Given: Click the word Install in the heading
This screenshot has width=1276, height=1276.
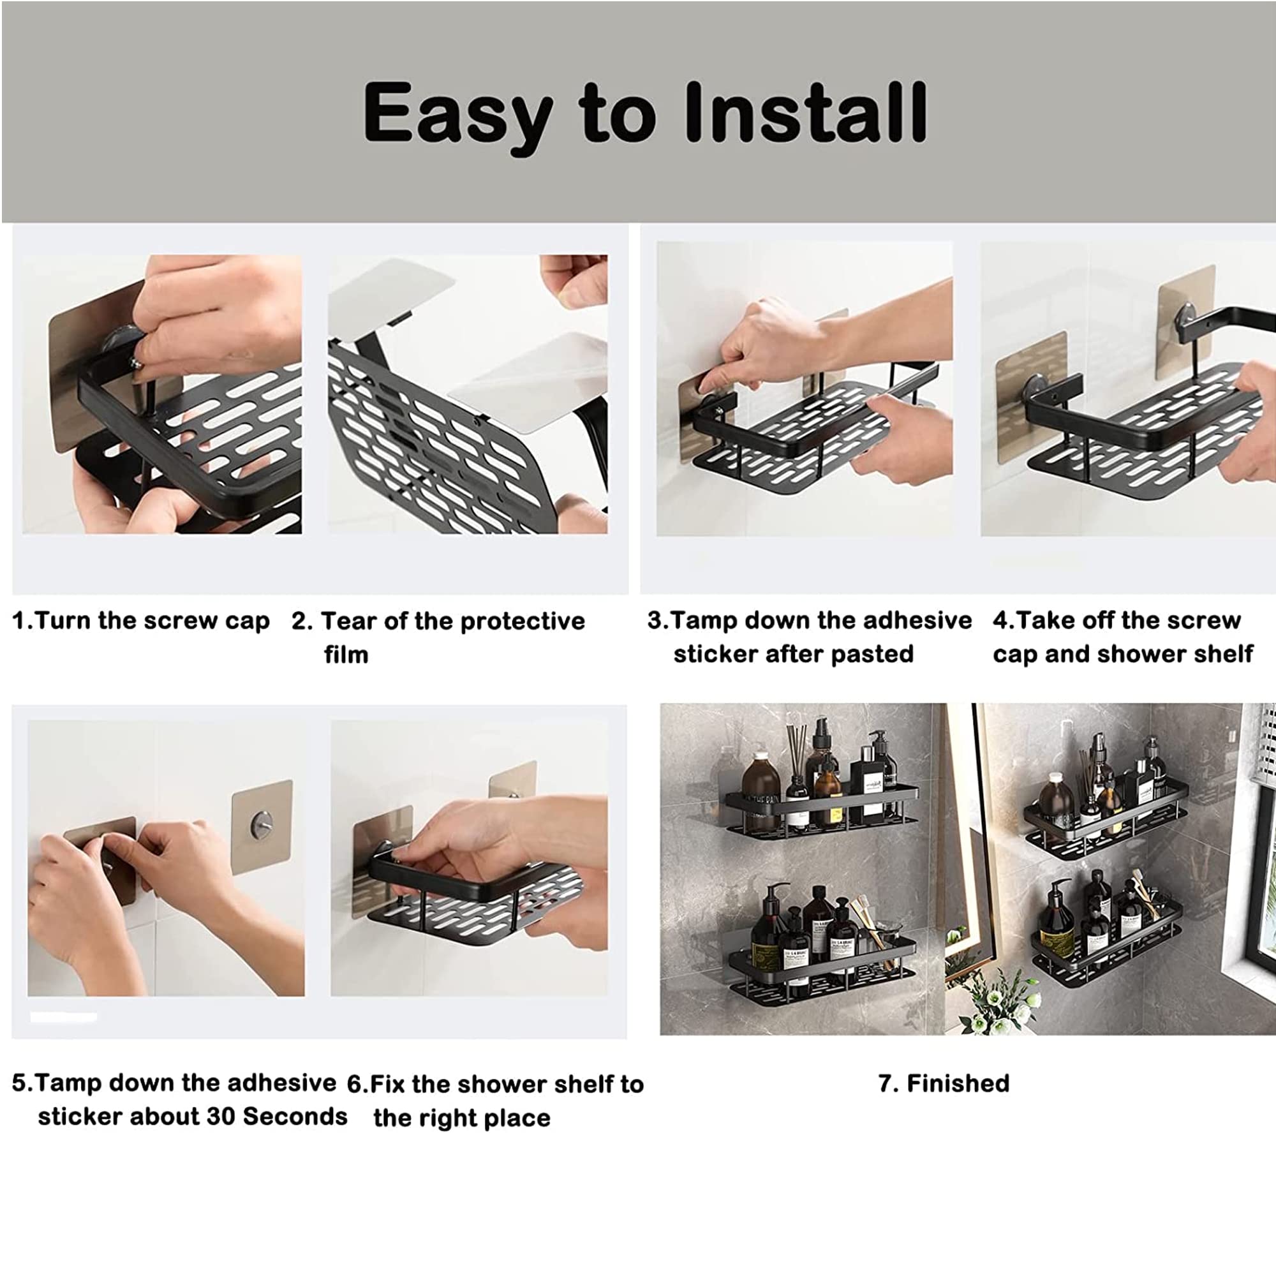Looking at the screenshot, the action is pos(806,112).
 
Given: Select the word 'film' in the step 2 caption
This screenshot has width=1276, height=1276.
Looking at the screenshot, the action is pos(346,655).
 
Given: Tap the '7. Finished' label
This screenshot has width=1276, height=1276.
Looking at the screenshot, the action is pos(944,1083).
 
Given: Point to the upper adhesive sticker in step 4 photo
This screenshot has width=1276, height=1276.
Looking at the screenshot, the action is pos(1186,322).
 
